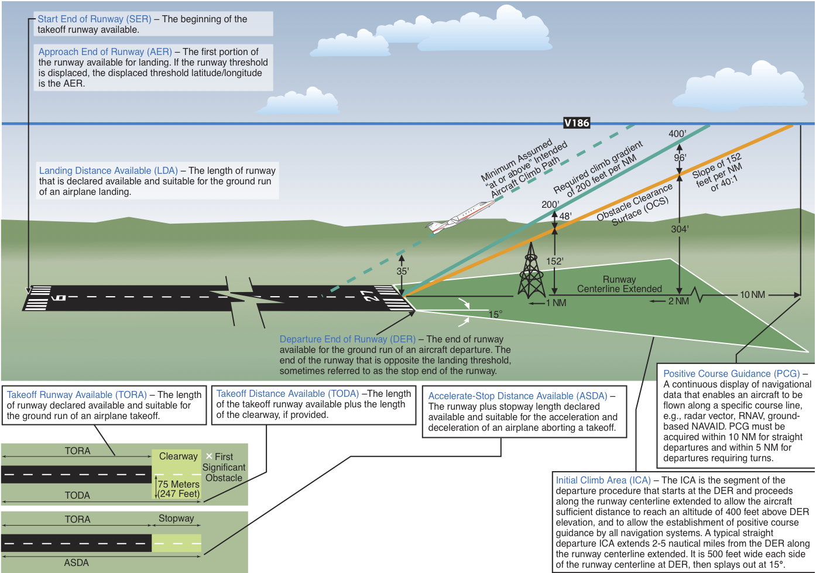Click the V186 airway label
click(577, 123)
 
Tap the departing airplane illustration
click(460, 217)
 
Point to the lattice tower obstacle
click(531, 272)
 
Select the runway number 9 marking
click(59, 298)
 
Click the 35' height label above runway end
click(403, 271)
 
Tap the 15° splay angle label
click(495, 314)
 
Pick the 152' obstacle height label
click(554, 262)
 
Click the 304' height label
click(680, 229)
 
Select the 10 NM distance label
click(752, 294)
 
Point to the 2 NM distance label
click(678, 301)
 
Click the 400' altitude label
click(677, 133)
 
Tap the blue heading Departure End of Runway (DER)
click(347, 339)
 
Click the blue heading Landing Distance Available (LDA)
click(108, 170)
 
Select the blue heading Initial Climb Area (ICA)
click(603, 480)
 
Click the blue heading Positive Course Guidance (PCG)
click(731, 373)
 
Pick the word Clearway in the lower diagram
click(178, 456)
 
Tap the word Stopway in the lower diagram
click(176, 518)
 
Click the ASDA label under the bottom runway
click(76, 562)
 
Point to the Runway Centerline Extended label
click(619, 284)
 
